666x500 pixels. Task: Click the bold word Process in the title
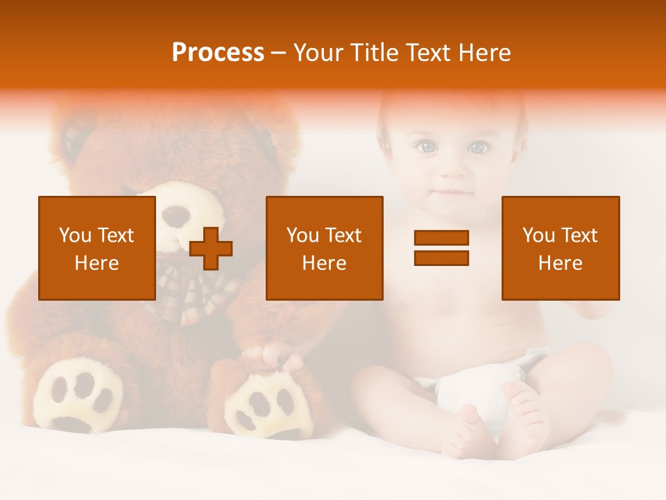pos(218,53)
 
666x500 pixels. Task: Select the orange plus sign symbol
pos(211,249)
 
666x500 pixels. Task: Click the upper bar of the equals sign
pos(441,238)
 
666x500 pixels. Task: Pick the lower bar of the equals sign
pos(441,258)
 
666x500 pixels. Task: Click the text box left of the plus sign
pos(97,248)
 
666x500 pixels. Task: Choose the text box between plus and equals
pos(325,248)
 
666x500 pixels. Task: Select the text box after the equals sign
pos(561,248)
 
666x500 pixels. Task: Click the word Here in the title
pos(485,53)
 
